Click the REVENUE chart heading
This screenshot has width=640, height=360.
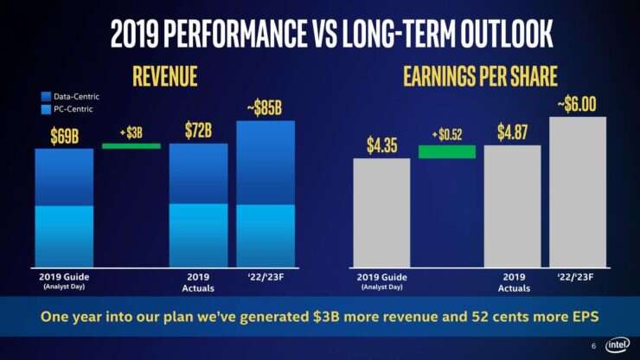[x=165, y=75]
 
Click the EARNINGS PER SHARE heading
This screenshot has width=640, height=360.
[x=481, y=75]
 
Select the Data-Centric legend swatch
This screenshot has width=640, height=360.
[x=46, y=96]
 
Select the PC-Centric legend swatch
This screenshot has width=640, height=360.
[x=46, y=109]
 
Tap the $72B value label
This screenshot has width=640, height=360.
[x=198, y=131]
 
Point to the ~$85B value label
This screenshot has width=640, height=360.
[x=265, y=108]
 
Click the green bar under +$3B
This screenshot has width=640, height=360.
[x=131, y=145]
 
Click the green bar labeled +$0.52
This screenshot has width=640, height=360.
[x=446, y=151]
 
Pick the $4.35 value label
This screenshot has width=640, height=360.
[x=381, y=145]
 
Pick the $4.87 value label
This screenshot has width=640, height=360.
[x=512, y=132]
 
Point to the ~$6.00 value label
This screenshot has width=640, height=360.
[x=578, y=105]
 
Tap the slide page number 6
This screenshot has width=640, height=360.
[x=594, y=345]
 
